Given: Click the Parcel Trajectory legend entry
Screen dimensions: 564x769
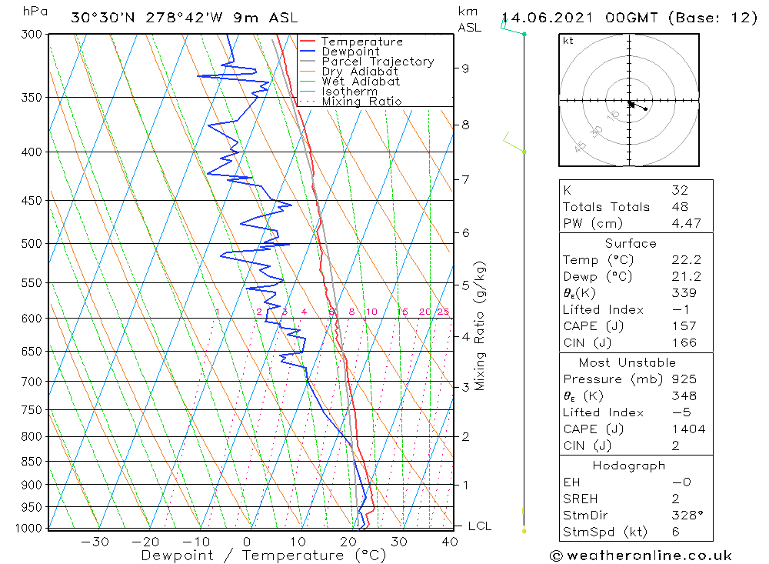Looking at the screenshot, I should pos(378,62).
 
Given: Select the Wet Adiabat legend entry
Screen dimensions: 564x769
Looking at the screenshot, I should pos(361,82).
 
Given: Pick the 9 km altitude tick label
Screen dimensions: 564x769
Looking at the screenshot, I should pos(466,68).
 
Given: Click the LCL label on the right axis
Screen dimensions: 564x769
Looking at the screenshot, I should pos(480,526).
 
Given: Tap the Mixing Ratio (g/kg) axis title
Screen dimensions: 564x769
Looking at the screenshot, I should pos(481,325).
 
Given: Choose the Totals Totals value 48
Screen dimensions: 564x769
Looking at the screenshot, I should pos(680,207).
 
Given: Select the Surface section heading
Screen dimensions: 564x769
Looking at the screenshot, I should pos(631,244).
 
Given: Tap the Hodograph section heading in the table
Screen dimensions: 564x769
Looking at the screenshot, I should pos(629,466).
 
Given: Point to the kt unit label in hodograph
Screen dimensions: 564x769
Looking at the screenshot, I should pos(568,41).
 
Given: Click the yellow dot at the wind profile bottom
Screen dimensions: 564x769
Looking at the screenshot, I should pos(524,531).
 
